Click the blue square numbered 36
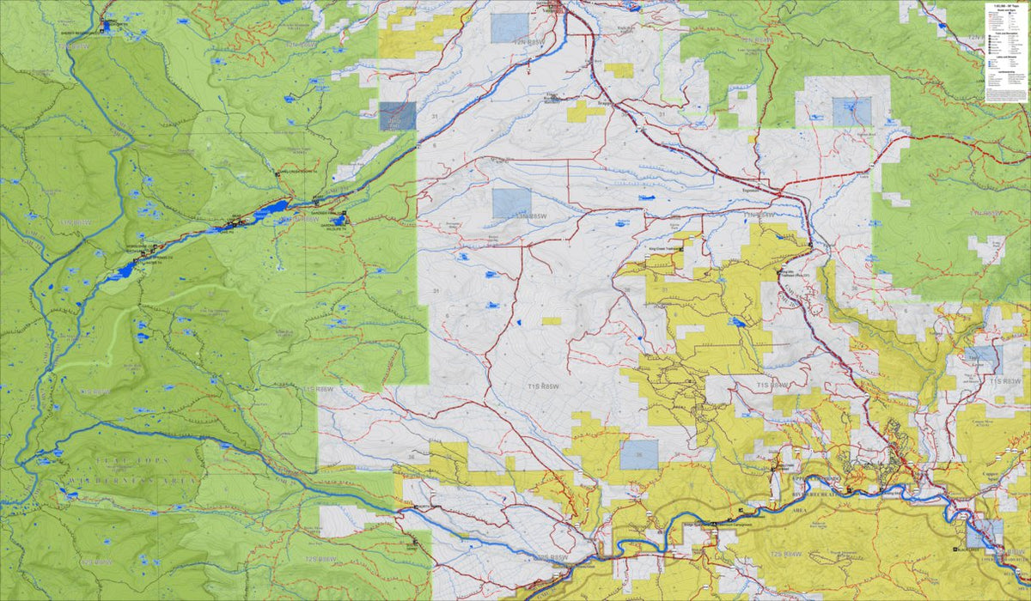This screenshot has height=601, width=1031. click(x=638, y=453)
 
